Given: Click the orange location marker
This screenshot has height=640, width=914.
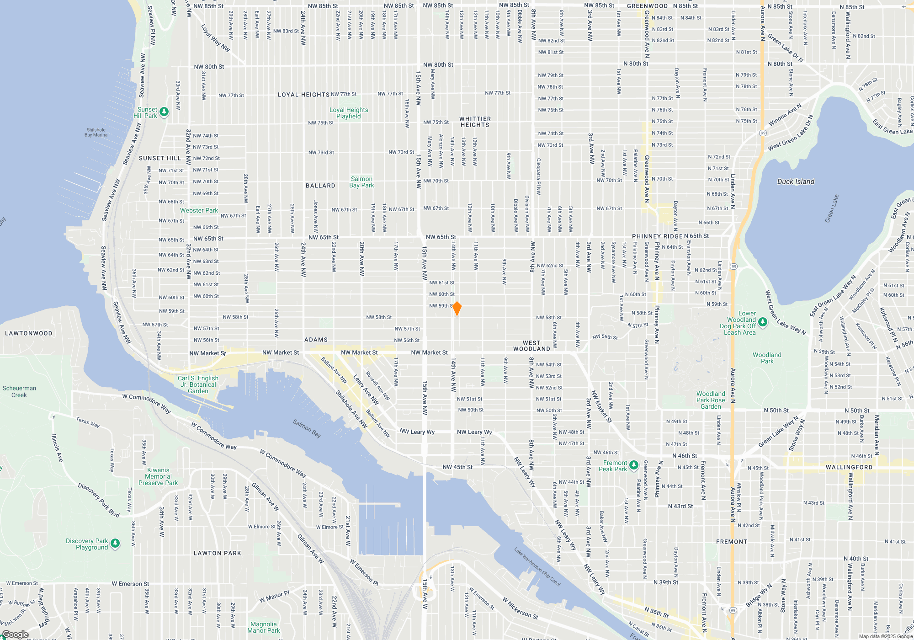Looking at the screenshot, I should pos(457,309).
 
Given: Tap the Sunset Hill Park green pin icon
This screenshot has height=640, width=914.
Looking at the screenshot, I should pos(164,112).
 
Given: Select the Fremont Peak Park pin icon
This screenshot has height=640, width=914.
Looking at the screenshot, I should pos(633,465).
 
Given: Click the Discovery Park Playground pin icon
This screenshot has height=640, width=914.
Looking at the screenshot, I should pos(115,543).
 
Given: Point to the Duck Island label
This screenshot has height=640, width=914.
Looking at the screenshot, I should pos(796,181).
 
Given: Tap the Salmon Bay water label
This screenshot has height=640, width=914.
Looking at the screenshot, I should pos(307,428).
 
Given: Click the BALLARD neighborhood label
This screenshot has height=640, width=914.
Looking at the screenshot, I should pos(320,186).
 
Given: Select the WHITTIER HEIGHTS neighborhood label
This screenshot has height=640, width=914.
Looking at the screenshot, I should pos(475,122).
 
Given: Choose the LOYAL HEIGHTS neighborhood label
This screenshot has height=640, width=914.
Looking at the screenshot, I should pos(303,95).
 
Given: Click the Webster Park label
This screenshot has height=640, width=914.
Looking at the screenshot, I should pos(199,210).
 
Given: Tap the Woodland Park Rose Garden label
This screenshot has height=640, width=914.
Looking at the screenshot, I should pos(711,400).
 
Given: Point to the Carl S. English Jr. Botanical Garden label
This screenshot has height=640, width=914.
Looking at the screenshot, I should pos(198,384).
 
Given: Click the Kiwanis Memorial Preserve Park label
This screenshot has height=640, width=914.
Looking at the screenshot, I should pos(158,476).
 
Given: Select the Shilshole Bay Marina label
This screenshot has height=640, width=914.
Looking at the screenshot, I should pos(96,132).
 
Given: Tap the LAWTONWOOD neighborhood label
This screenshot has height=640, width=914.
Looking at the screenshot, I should pos(29,333).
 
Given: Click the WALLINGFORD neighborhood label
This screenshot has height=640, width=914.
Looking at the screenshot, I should pos(849,467).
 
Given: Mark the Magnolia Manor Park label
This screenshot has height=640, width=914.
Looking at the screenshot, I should pos(263,627).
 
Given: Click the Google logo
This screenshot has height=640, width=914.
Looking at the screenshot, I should pos(15,635).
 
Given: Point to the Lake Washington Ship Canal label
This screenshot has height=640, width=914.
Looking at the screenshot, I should pos(537,567).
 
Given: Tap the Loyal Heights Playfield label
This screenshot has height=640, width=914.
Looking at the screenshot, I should pos(349,113).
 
